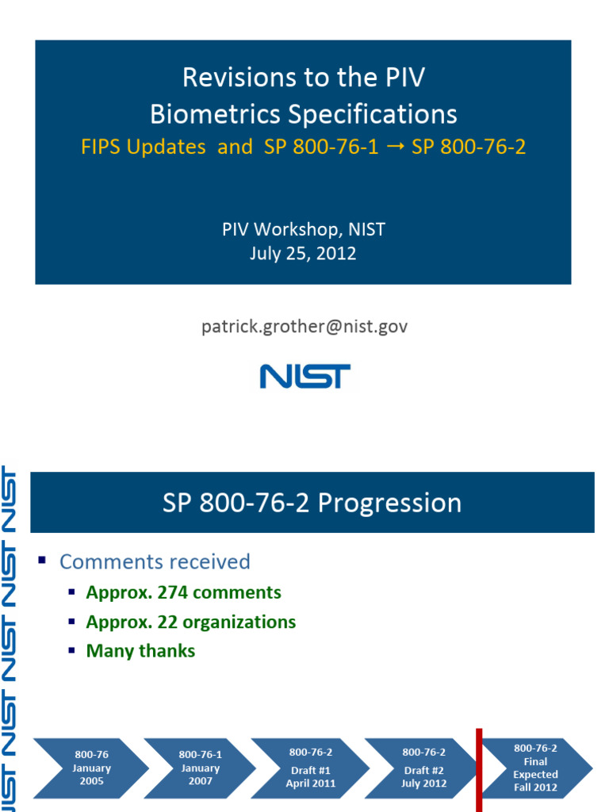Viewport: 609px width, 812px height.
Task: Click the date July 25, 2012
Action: (x=303, y=254)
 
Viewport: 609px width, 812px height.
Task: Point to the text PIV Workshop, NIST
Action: (x=303, y=230)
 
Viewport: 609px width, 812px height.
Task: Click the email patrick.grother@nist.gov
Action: (x=304, y=326)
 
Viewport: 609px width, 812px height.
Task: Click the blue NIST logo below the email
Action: (x=304, y=376)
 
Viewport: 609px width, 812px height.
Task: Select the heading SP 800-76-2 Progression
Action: (x=312, y=503)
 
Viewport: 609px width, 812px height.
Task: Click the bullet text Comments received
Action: (x=155, y=561)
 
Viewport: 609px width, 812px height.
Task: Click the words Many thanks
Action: (x=140, y=651)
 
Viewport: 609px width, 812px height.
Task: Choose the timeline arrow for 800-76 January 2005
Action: (x=90, y=768)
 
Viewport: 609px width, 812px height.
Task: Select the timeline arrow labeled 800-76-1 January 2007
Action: (x=200, y=768)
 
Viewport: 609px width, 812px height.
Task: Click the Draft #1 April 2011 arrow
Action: (x=310, y=768)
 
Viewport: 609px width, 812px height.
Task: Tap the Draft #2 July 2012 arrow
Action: (x=423, y=768)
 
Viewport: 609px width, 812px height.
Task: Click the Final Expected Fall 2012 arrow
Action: (x=536, y=768)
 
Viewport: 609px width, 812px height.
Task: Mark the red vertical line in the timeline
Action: (x=479, y=769)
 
